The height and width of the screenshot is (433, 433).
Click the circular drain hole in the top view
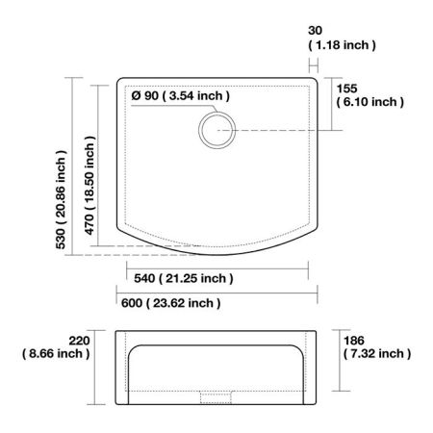tap(216, 130)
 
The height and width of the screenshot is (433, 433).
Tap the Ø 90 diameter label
tap(180, 95)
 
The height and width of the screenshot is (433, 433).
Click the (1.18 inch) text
tap(342, 45)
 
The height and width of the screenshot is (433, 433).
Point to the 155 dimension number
tap(347, 87)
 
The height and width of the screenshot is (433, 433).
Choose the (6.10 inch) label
tap(369, 102)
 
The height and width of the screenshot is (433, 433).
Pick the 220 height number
tap(80, 339)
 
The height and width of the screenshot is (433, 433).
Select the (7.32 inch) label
tap(376, 354)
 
